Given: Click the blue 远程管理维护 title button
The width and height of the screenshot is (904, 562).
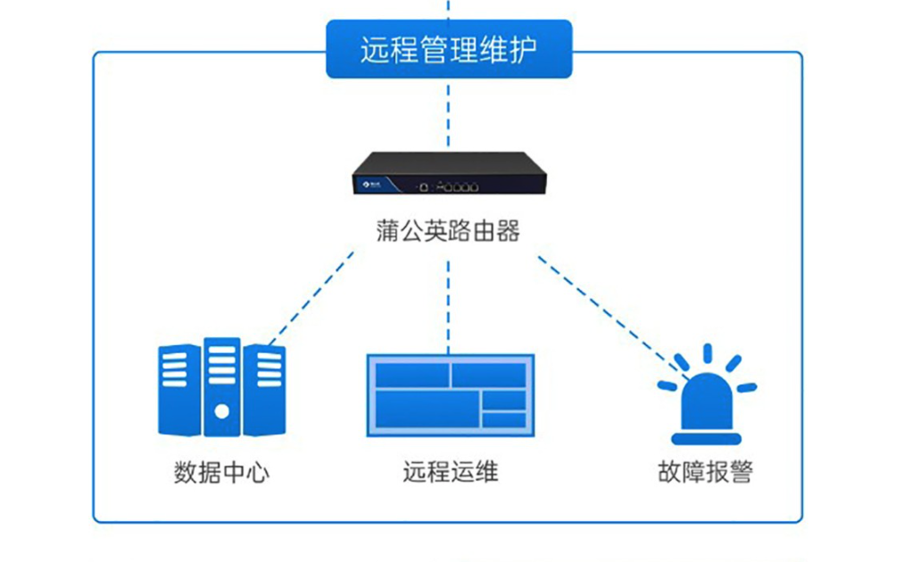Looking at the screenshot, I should coord(448,49).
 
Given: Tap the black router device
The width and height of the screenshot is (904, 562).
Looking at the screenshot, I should coord(448,174).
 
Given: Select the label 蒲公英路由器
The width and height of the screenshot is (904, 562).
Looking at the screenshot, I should coord(448,231).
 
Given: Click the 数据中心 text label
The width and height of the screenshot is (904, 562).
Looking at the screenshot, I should coord(221,471).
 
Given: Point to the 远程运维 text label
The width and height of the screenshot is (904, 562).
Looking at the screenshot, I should coord(450,470).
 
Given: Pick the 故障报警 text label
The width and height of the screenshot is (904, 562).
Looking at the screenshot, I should coord(705,471).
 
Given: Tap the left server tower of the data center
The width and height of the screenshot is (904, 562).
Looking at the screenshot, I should coord(178,390).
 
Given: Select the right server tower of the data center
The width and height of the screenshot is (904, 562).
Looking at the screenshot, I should coord(264,390).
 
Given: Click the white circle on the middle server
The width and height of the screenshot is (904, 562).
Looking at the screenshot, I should coord(221,411).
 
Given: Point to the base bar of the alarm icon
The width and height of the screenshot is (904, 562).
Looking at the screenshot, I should coord(706,438).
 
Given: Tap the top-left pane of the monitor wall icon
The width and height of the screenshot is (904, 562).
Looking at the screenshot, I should coord(411,374).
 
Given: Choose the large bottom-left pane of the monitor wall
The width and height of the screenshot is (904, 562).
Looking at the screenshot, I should coord(426,411).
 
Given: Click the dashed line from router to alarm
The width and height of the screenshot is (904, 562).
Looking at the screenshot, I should coord(607,312).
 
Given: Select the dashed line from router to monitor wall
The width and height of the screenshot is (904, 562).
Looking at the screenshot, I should coord(448,299).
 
